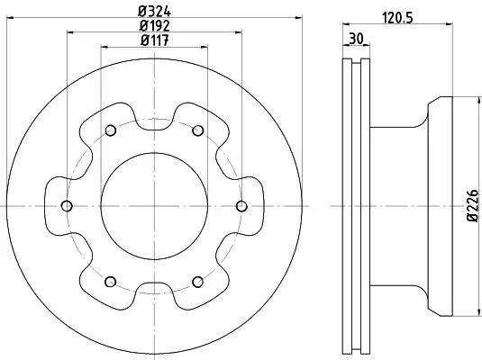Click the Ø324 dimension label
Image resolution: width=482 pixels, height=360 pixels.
(x=154, y=12)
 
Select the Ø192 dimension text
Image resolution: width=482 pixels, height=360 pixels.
(x=154, y=26)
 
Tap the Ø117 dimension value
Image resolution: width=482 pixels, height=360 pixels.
(x=154, y=40)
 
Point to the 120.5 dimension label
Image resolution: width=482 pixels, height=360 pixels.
(x=397, y=18)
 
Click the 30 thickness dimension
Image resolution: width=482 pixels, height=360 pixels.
(x=356, y=39)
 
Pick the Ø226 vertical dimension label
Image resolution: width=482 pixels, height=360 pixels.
(x=473, y=205)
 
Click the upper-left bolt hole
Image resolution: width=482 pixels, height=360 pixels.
(x=111, y=130)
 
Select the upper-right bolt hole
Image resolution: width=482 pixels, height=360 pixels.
(x=197, y=130)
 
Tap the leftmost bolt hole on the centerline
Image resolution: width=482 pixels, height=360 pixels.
(x=67, y=206)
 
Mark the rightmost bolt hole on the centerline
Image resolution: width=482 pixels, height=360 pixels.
(x=241, y=206)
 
